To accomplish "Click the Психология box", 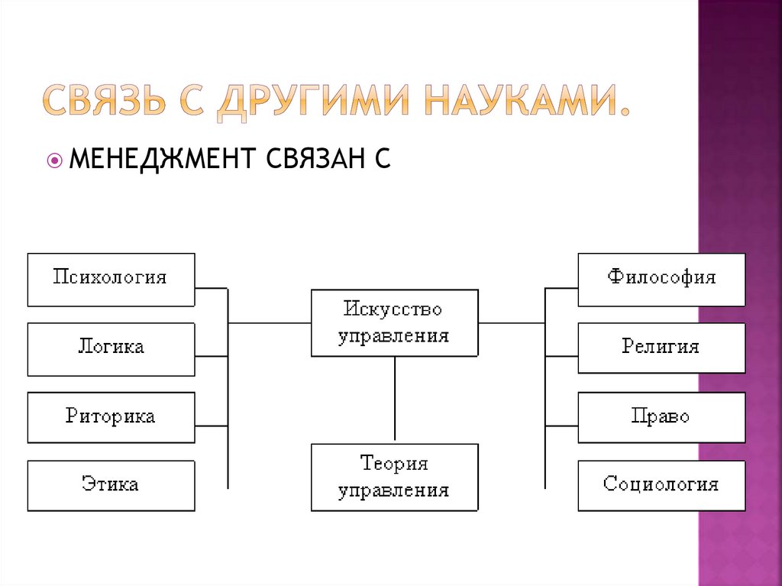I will (x=111, y=280).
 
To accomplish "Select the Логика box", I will (x=111, y=349).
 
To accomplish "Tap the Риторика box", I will (x=111, y=417).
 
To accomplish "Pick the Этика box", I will (x=111, y=485).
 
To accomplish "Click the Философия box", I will (x=661, y=280).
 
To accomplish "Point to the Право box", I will (x=661, y=417).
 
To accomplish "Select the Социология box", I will (x=661, y=485).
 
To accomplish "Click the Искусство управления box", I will (x=394, y=322).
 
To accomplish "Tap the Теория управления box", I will (x=394, y=477).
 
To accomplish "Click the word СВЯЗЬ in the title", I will (x=103, y=102).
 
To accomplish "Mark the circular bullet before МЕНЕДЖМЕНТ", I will (x=54, y=161).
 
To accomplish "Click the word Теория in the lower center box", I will (x=394, y=465).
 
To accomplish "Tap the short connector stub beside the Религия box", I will (x=561, y=356).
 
